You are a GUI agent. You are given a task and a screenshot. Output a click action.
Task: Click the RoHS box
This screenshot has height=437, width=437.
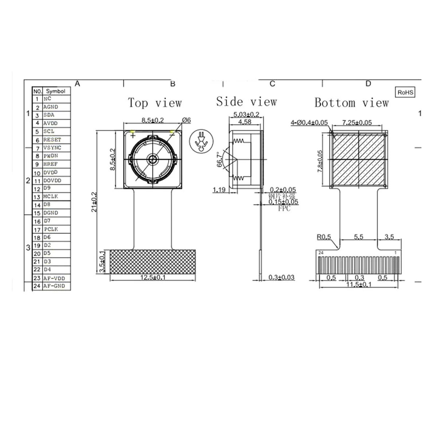pyautogui.click(x=405, y=92)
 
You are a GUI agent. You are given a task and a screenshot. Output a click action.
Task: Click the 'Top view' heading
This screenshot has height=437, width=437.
pyautogui.click(x=154, y=103)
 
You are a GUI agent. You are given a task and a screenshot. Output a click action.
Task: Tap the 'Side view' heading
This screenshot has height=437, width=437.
pyautogui.click(x=246, y=101)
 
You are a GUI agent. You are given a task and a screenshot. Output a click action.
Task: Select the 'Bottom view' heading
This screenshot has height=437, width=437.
pyautogui.click(x=351, y=103)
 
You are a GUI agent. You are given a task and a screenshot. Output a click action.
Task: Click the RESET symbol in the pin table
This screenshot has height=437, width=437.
pyautogui.click(x=52, y=139)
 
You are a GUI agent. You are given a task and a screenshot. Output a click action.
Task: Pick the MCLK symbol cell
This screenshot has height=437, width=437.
pyautogui.click(x=51, y=197)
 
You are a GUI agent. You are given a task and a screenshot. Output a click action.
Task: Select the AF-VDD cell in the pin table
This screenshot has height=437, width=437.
pyautogui.click(x=54, y=278)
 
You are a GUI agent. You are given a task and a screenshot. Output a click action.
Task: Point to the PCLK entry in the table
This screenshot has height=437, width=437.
pyautogui.click(x=51, y=229)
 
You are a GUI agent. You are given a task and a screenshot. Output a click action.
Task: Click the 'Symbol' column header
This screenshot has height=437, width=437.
pyautogui.click(x=55, y=91)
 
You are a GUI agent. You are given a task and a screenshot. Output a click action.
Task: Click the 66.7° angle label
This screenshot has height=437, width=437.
pyautogui.click(x=220, y=159)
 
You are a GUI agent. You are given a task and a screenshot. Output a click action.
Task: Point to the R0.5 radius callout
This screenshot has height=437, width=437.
pyautogui.click(x=323, y=237)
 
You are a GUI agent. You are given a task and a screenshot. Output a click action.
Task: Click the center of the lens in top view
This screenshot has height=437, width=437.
pyautogui.click(x=152, y=159)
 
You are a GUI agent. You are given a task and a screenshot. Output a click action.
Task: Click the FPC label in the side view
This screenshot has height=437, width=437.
pyautogui.click(x=284, y=209)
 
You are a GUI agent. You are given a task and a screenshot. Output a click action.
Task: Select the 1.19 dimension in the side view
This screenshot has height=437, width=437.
pyautogui.click(x=220, y=189)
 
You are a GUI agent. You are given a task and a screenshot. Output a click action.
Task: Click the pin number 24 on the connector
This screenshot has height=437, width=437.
pyautogui.click(x=320, y=252)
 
